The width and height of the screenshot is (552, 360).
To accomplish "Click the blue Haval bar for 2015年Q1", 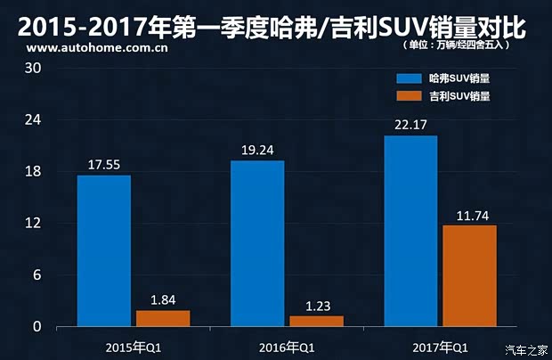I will pyautogui.click(x=104, y=250).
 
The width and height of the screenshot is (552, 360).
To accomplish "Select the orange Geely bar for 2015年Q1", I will pyautogui.click(x=163, y=318).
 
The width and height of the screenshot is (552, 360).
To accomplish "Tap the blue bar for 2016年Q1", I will pyautogui.click(x=257, y=243).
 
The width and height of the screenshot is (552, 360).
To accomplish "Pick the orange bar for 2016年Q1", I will pyautogui.click(x=316, y=321).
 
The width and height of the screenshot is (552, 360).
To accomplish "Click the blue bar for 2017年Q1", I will pyautogui.click(x=410, y=231).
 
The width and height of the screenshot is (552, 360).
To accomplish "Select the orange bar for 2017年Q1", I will pyautogui.click(x=469, y=275).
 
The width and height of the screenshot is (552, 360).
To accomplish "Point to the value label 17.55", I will pyautogui.click(x=103, y=165).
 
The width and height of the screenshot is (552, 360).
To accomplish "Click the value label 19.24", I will pyautogui.click(x=257, y=151).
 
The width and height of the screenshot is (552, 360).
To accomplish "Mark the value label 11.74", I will pyautogui.click(x=469, y=215).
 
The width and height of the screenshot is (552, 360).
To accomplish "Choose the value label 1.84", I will pyautogui.click(x=163, y=299).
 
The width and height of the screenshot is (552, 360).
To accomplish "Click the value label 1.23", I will pyautogui.click(x=316, y=306).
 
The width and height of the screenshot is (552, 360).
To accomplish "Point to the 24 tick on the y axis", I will pyautogui.click(x=33, y=119).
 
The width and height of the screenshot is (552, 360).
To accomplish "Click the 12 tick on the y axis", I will pyautogui.click(x=33, y=223).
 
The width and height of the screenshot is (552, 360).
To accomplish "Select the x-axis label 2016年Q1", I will pyautogui.click(x=286, y=346).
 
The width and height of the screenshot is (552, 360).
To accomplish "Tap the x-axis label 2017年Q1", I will pyautogui.click(x=440, y=346).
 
